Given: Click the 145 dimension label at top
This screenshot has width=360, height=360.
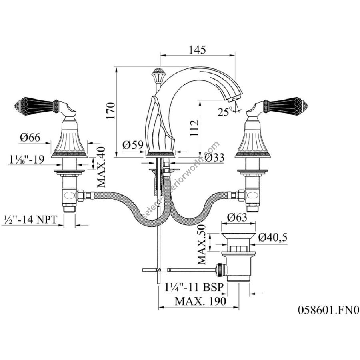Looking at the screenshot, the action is pos(197,50).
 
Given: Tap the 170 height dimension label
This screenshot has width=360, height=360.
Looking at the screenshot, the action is pos(111,111).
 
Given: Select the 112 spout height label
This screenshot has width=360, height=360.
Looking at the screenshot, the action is pos(194,128).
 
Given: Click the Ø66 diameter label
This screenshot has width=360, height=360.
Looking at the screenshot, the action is pos(30,137).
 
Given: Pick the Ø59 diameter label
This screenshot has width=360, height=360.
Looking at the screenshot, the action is pos(133,145).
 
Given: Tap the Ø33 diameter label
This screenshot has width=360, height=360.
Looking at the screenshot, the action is pos(214,158).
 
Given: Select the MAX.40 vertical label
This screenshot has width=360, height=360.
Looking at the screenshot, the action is pos(101,167).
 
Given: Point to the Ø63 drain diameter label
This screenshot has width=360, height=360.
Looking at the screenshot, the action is pos(237,217).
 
